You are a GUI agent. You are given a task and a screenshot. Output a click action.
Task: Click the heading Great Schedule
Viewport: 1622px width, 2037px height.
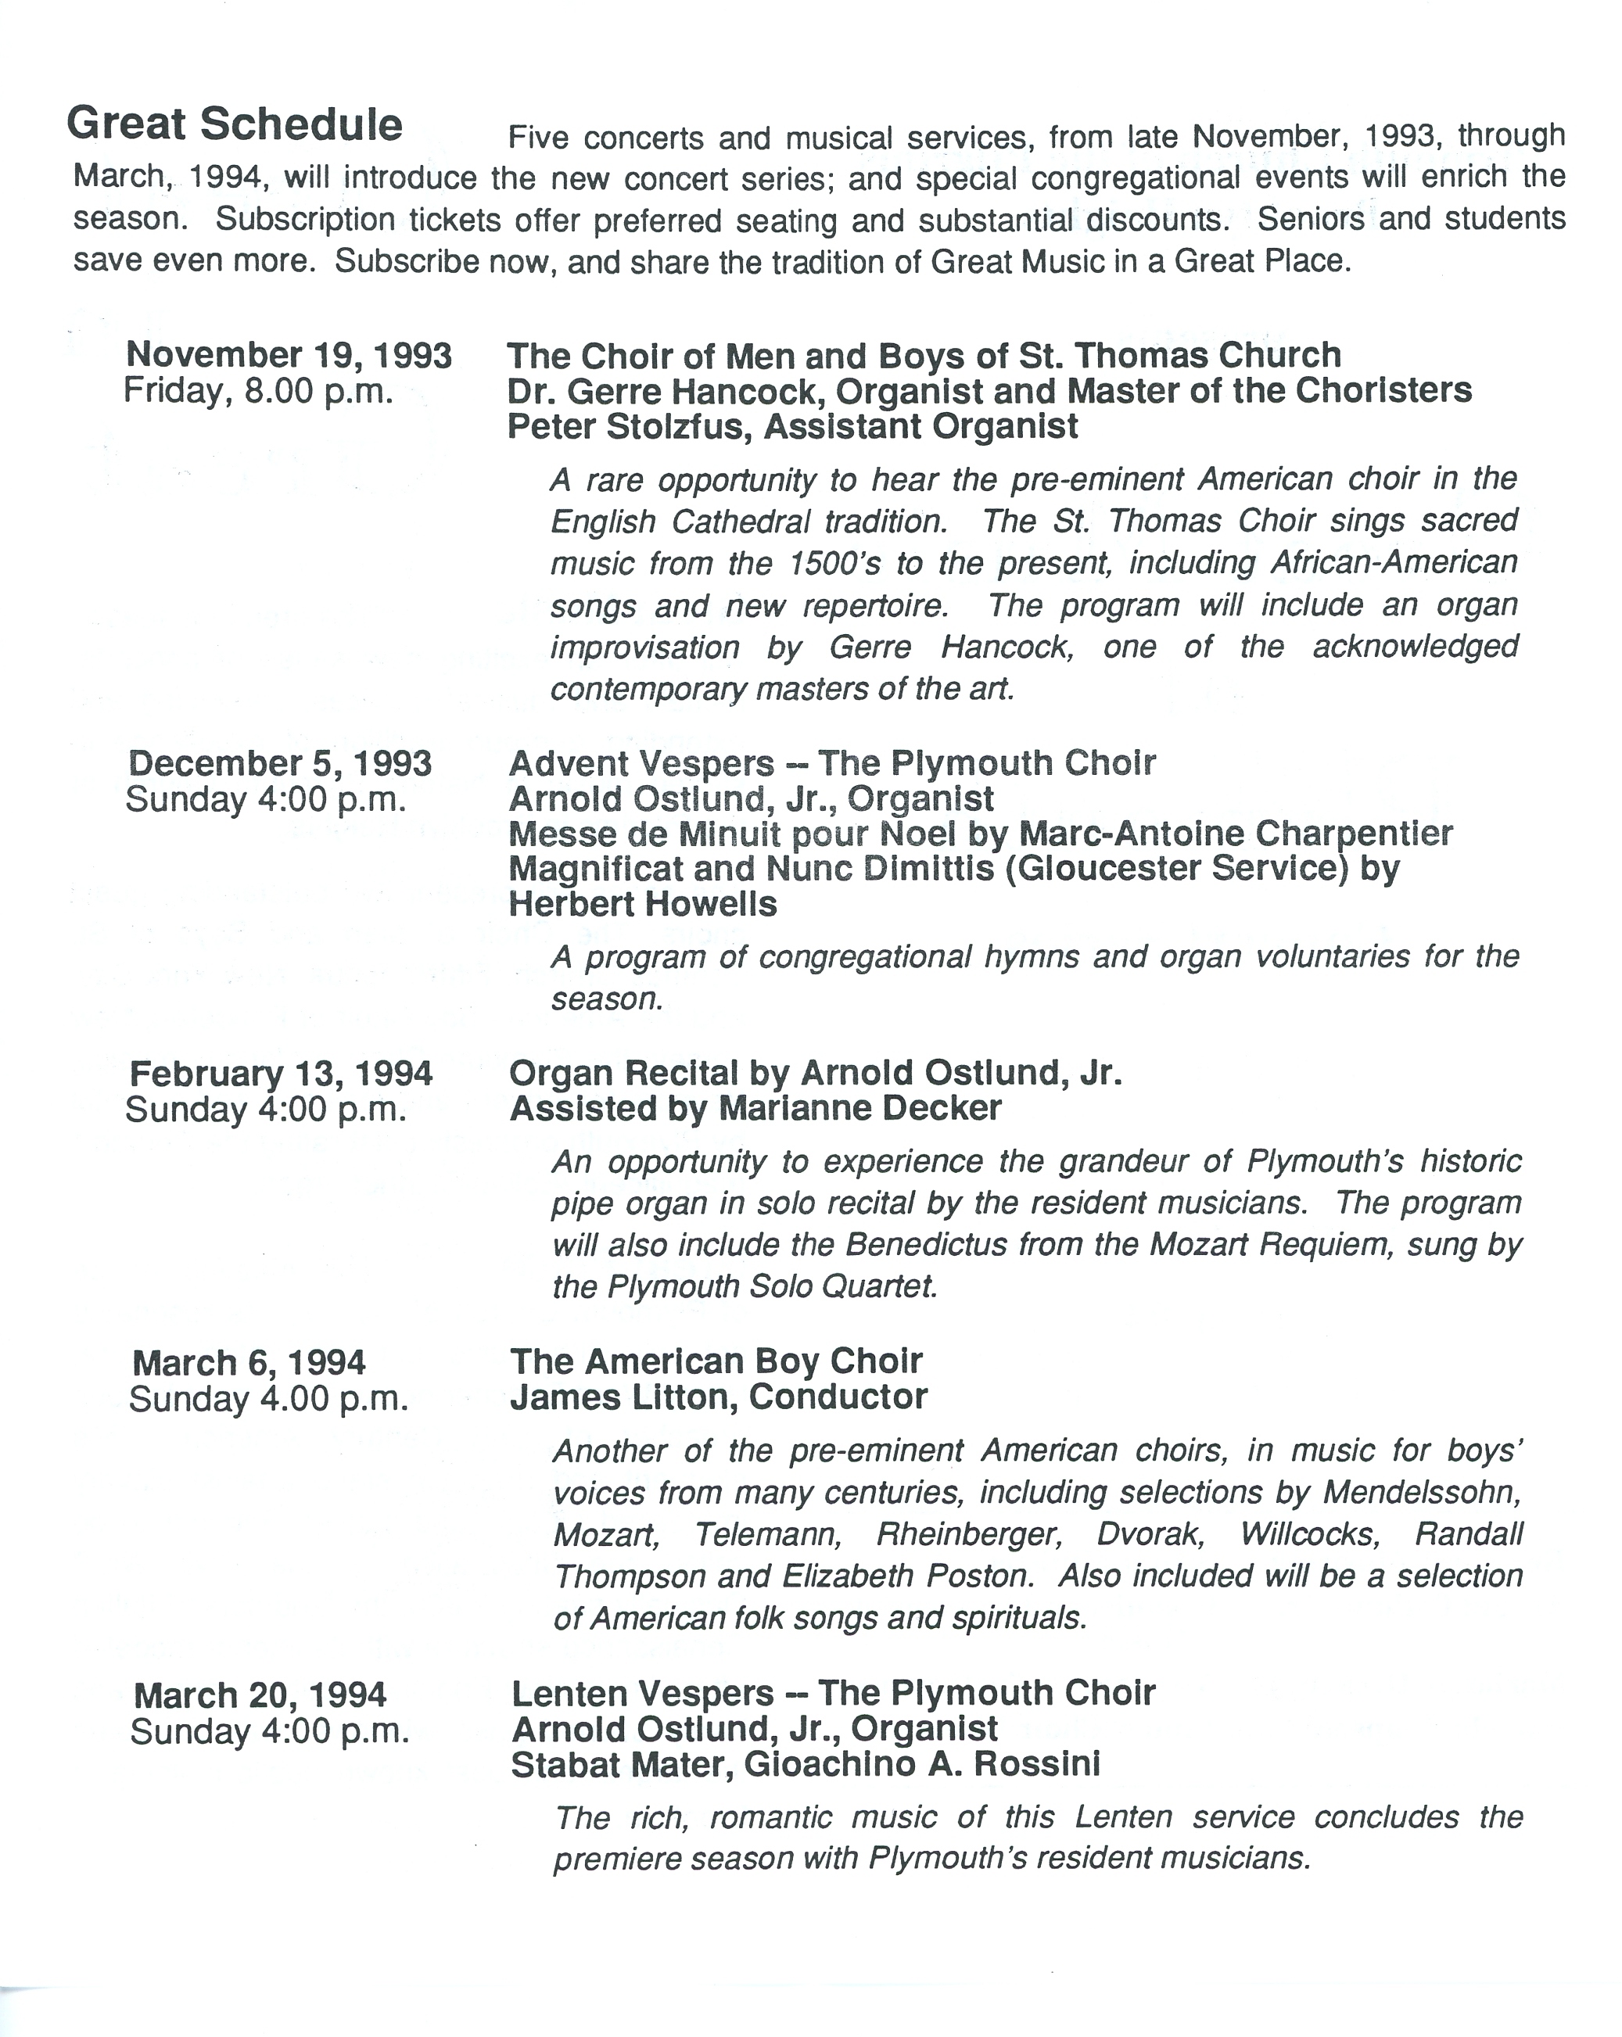point(235,124)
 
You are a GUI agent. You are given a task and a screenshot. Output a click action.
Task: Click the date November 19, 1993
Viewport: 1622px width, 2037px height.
point(289,355)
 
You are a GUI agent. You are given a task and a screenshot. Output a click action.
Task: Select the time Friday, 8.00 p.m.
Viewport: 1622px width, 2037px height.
point(258,391)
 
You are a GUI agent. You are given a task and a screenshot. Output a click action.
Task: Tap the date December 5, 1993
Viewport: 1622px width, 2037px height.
point(281,763)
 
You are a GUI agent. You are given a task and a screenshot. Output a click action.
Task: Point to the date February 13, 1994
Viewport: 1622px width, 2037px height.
point(282,1074)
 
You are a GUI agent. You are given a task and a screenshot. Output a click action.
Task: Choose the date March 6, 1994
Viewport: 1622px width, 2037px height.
point(249,1362)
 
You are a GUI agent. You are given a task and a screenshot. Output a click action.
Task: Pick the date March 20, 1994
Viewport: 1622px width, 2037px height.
point(260,1695)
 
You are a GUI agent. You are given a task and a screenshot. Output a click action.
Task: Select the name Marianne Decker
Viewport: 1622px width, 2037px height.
point(859,1108)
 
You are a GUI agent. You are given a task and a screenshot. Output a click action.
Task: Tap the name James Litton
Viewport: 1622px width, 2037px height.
point(621,1397)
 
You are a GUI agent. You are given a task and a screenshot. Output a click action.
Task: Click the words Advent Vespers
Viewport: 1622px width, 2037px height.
point(641,763)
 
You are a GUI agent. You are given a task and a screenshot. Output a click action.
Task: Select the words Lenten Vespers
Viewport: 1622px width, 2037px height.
point(642,1693)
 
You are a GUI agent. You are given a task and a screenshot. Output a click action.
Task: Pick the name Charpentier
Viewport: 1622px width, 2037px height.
point(1354,834)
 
